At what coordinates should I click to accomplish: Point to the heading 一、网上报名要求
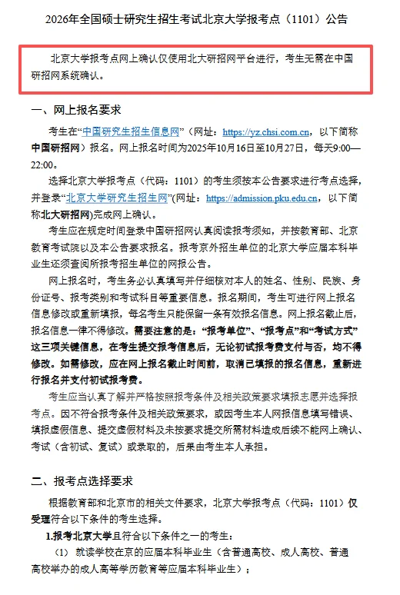tap(76, 110)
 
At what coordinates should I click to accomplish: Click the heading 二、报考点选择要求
tap(82, 481)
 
